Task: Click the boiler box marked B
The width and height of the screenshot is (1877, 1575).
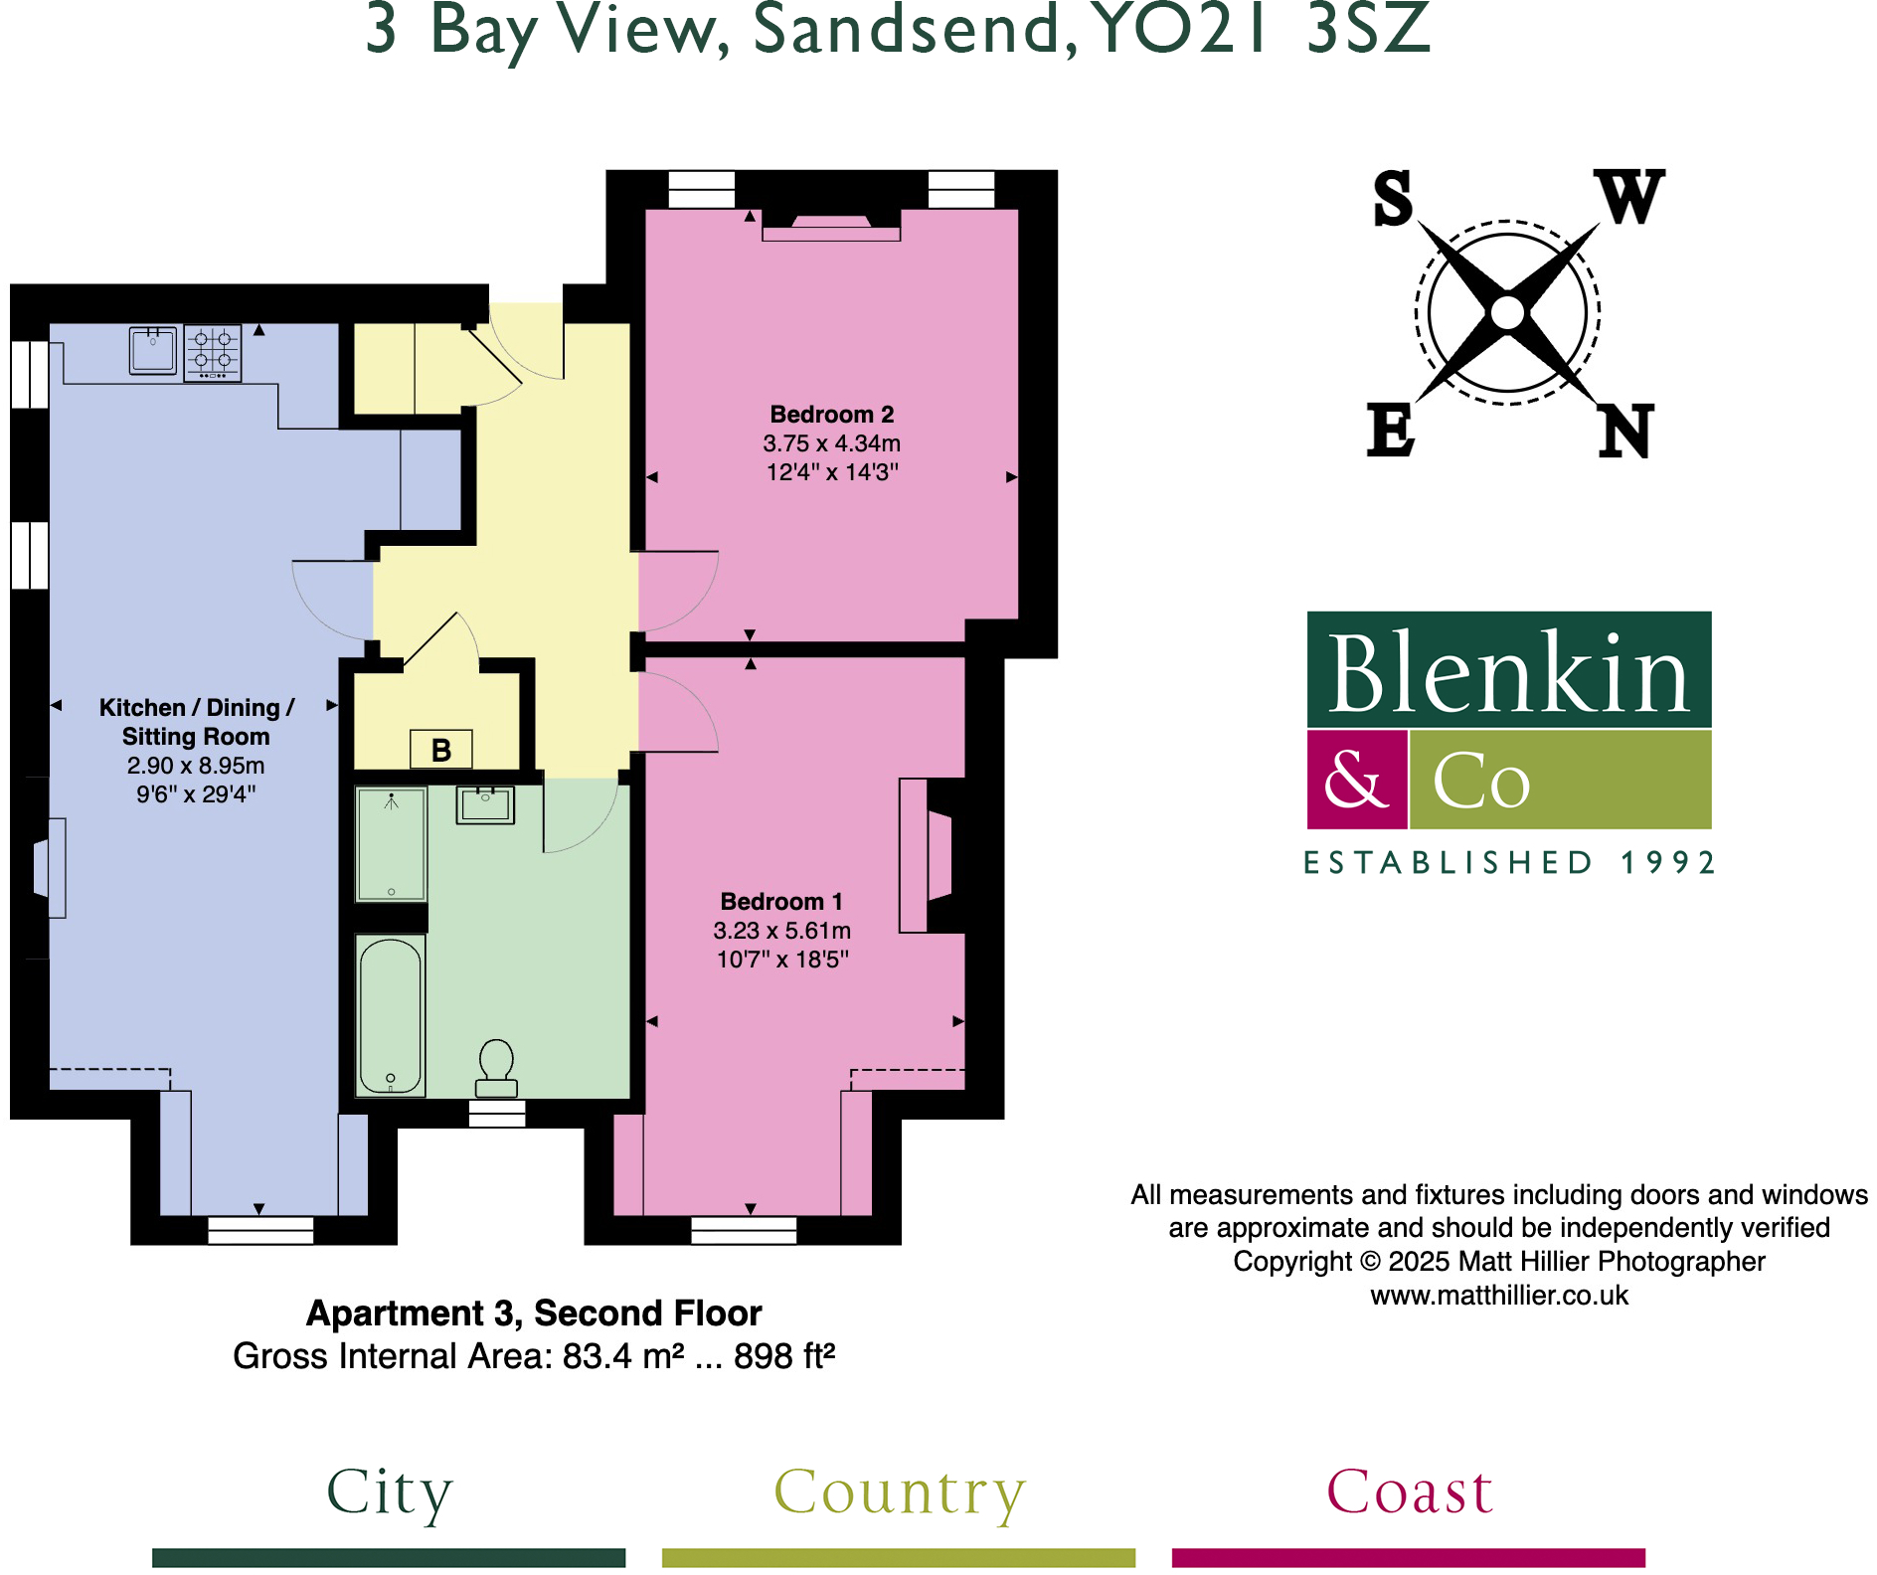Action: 441,750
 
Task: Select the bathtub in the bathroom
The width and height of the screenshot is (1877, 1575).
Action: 391,1015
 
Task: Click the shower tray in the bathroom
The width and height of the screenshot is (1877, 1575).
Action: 391,843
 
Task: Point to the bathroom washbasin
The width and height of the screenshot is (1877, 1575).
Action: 485,804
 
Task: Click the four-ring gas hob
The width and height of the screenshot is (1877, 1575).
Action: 213,352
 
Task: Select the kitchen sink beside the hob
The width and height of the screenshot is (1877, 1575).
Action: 153,350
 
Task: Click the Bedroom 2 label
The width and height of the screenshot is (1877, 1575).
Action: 832,415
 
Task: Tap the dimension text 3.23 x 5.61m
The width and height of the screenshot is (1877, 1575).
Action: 782,931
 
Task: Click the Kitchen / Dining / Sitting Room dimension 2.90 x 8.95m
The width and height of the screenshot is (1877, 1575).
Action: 196,766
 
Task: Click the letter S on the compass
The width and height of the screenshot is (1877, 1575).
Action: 1393,198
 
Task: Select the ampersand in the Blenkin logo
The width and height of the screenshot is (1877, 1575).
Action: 1356,780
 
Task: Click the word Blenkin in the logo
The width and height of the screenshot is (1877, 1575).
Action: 1508,673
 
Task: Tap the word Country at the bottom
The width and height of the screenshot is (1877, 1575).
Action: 899,1491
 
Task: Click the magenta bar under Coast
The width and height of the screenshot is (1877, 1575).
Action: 1408,1557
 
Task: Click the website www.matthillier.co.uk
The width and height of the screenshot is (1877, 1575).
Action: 1499,1296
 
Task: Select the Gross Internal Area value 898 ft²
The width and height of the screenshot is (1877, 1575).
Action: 784,1356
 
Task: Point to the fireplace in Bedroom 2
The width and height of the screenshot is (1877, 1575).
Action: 831,227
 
